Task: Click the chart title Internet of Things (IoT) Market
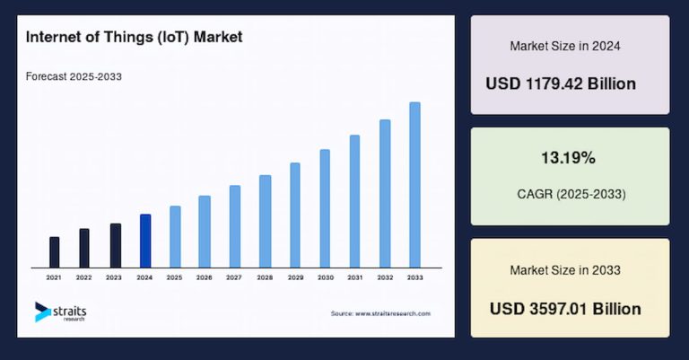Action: click(134, 38)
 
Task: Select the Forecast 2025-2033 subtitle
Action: click(74, 76)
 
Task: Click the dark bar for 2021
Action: click(55, 251)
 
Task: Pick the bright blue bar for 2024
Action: click(145, 241)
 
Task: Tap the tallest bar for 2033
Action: click(414, 184)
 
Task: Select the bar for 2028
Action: click(265, 221)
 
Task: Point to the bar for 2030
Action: click(325, 208)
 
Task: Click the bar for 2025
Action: click(175, 236)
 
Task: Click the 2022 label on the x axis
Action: click(83, 277)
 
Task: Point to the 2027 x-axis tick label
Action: click(234, 277)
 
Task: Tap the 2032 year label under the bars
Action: click(385, 277)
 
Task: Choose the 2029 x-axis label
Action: click(294, 277)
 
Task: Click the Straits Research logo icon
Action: click(42, 312)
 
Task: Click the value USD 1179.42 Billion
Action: click(561, 83)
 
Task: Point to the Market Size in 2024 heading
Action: click(565, 45)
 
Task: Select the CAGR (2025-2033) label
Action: click(570, 193)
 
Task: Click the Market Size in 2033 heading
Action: click(565, 269)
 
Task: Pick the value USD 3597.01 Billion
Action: click(565, 309)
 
